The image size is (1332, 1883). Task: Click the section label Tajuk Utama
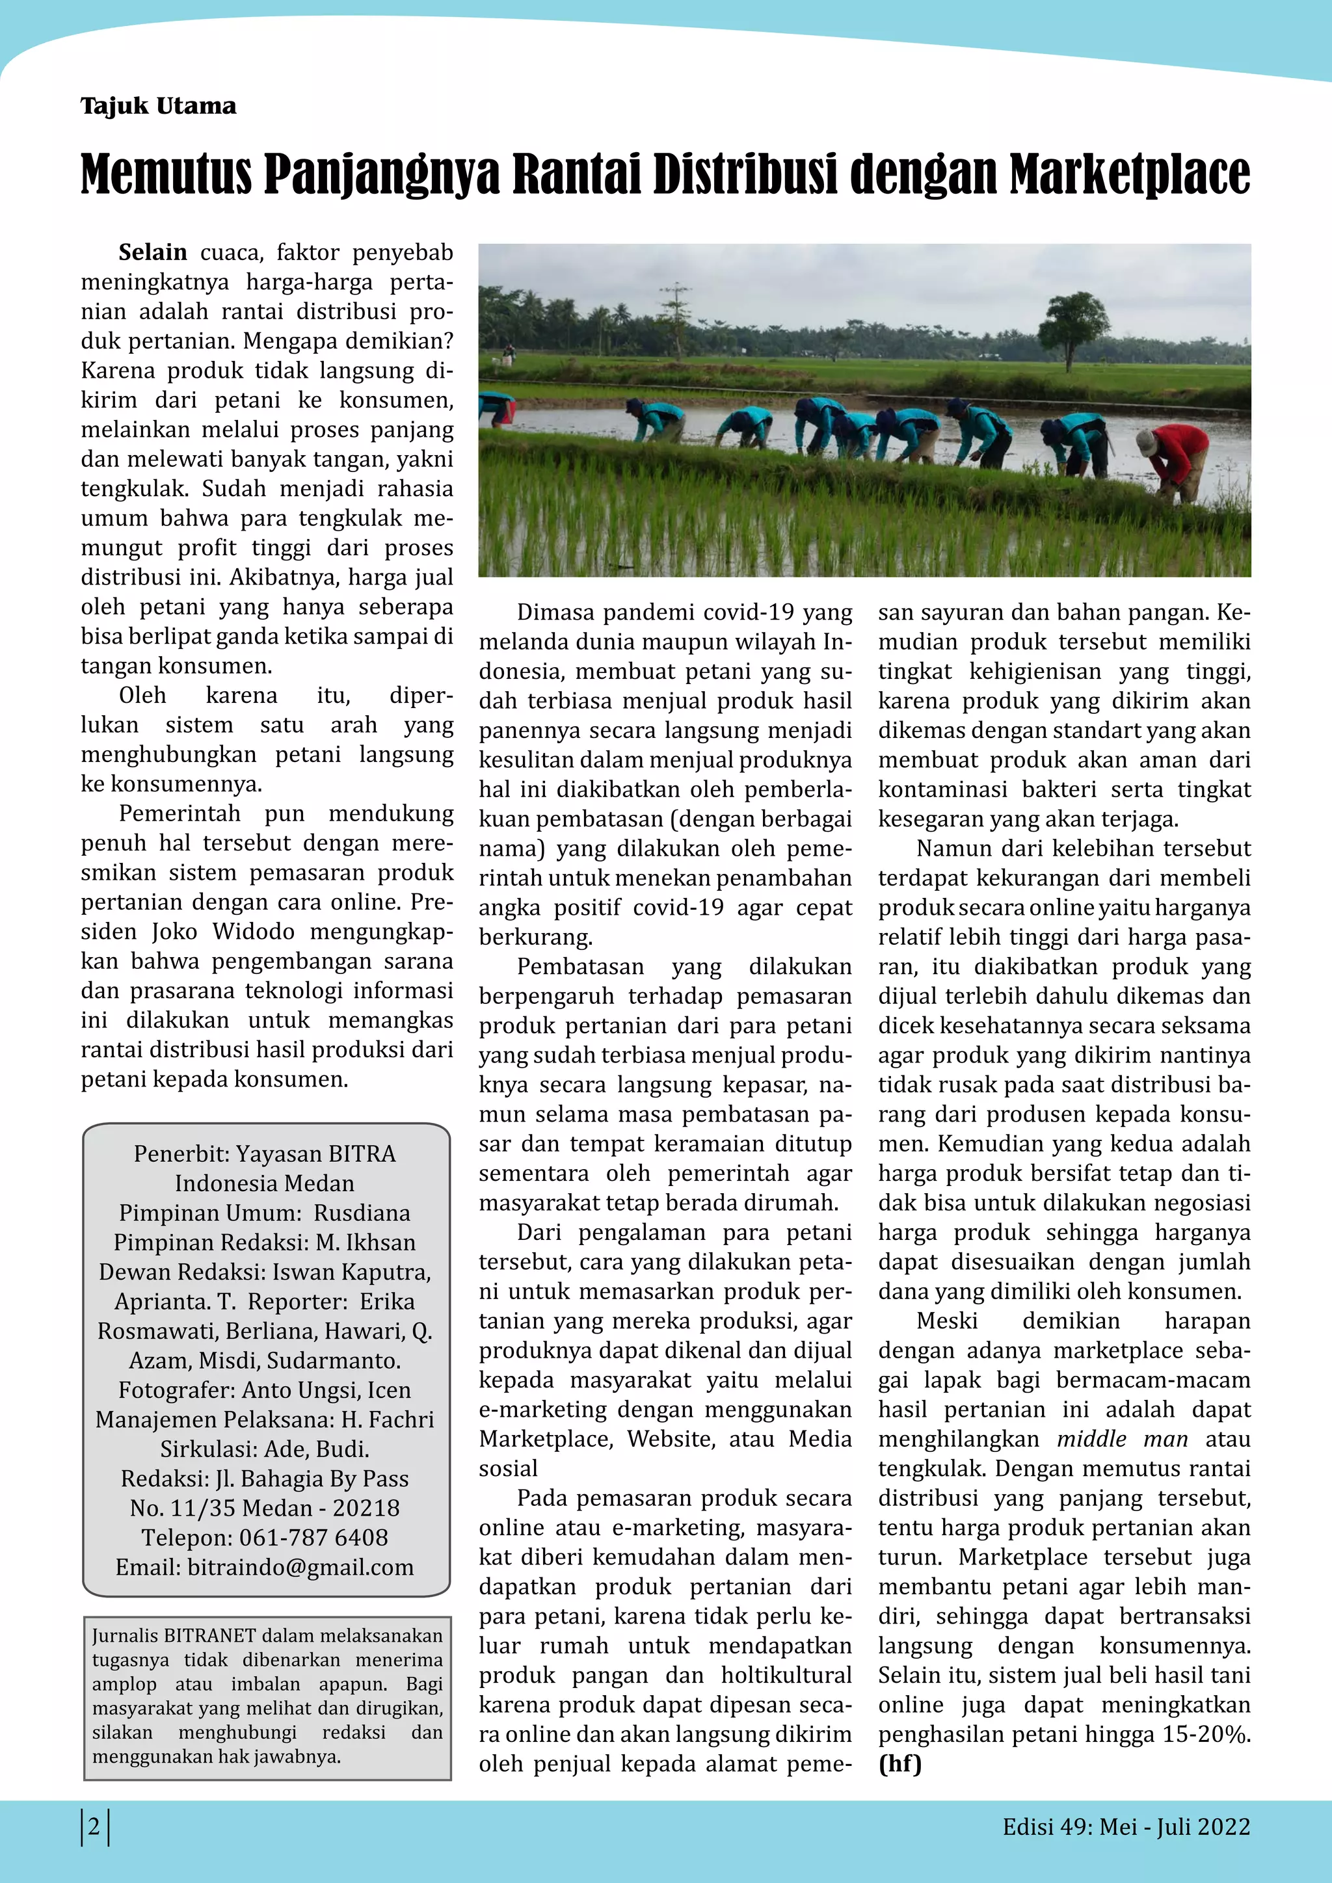(x=158, y=106)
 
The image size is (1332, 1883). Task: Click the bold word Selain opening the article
(x=153, y=252)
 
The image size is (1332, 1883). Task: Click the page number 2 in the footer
(x=94, y=1826)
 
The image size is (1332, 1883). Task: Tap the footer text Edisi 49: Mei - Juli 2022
(x=1125, y=1826)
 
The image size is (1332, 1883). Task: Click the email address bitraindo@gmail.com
(x=300, y=1566)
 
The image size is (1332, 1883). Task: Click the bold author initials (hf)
(x=899, y=1763)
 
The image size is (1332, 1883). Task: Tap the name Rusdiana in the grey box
(x=362, y=1212)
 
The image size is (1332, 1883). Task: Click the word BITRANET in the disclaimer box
(x=210, y=1635)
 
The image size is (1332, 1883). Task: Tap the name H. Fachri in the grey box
(x=387, y=1419)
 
